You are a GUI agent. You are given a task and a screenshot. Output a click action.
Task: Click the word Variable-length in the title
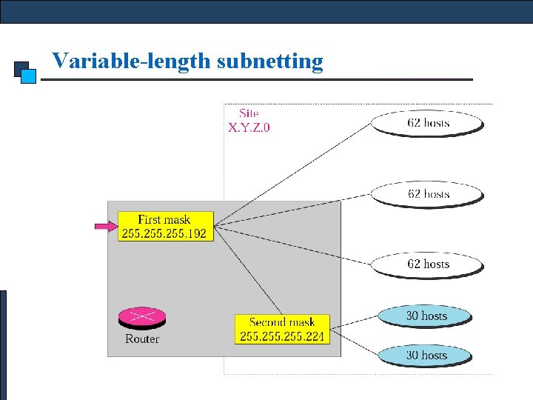point(132,61)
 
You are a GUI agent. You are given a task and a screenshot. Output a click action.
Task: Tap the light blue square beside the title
point(29,75)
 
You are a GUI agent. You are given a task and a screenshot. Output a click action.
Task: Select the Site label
point(249,113)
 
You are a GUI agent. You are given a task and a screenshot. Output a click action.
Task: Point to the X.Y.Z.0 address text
point(249,127)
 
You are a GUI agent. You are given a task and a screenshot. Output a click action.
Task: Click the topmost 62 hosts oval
point(428,123)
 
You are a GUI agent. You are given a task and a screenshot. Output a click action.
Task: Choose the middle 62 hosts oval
point(428,194)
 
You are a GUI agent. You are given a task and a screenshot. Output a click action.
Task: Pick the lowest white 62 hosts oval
point(428,264)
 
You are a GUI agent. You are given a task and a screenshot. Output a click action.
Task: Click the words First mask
point(164,219)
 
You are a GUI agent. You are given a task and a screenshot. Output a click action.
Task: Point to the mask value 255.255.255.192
point(164,233)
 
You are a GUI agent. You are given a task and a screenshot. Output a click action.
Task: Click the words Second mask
point(281,322)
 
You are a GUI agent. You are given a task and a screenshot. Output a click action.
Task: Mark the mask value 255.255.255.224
point(281,336)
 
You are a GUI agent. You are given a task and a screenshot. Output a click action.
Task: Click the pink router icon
point(142,318)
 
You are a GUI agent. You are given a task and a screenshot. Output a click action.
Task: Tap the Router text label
point(142,339)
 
